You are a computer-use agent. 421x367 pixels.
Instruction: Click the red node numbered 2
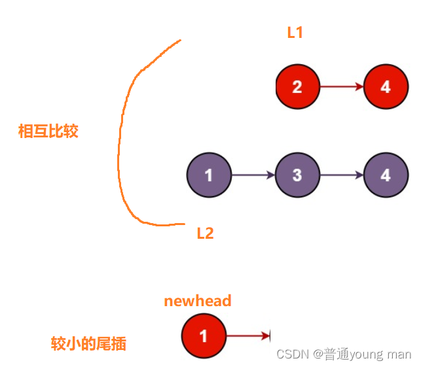[297, 86]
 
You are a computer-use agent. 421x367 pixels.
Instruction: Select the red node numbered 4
[385, 86]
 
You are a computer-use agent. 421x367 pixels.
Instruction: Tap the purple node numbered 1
[209, 175]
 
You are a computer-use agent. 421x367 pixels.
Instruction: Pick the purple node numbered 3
[297, 175]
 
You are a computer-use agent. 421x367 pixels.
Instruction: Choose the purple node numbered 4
[385, 175]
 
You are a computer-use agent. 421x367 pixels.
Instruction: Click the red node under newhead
[203, 336]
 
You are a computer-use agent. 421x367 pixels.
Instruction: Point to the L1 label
[295, 32]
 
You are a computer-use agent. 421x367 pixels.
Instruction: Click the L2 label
[206, 233]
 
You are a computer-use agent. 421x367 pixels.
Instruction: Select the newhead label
[198, 301]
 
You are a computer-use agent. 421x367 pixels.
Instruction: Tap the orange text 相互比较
[48, 131]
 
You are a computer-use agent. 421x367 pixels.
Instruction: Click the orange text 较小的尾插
[88, 343]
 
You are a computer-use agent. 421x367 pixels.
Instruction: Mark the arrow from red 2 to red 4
[341, 86]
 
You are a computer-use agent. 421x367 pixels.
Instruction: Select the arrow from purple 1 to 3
[253, 175]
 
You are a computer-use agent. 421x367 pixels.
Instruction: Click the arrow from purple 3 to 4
[341, 175]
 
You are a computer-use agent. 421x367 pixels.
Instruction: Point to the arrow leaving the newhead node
[247, 336]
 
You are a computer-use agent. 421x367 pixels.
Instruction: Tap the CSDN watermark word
[293, 354]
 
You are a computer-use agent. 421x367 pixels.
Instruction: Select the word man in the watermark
[400, 354]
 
